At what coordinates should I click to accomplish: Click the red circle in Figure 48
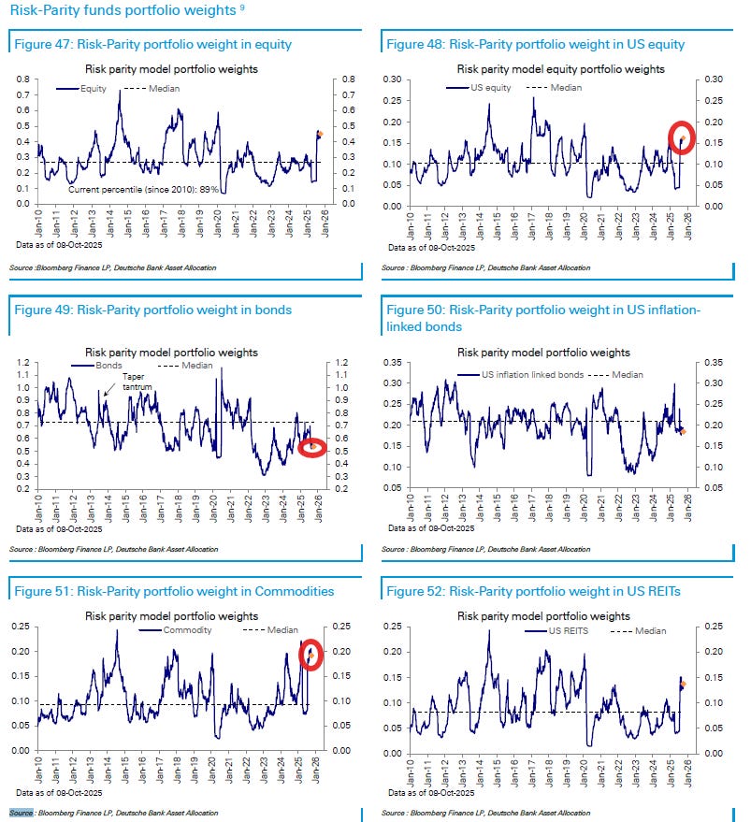tap(681, 138)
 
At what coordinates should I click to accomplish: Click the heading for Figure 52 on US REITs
tap(533, 591)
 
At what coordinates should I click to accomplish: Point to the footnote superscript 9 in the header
tap(242, 7)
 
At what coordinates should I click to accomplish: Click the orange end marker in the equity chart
tap(320, 134)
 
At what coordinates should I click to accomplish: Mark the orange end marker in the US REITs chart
tap(683, 685)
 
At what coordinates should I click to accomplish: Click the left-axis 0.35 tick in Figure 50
tap(395, 362)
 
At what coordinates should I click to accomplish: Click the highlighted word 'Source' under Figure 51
tap(22, 813)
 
